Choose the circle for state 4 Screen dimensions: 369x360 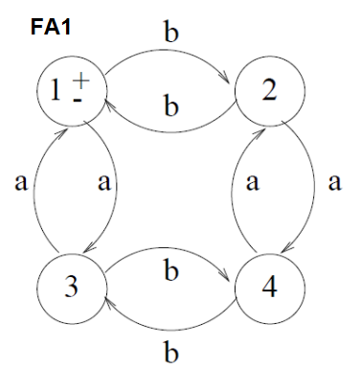(x=269, y=287)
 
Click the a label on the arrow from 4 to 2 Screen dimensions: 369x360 (x=251, y=183)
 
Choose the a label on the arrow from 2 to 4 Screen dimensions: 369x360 (x=334, y=183)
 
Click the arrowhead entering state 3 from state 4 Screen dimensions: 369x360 (x=108, y=299)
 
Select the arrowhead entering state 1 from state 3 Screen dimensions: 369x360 (x=59, y=127)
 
